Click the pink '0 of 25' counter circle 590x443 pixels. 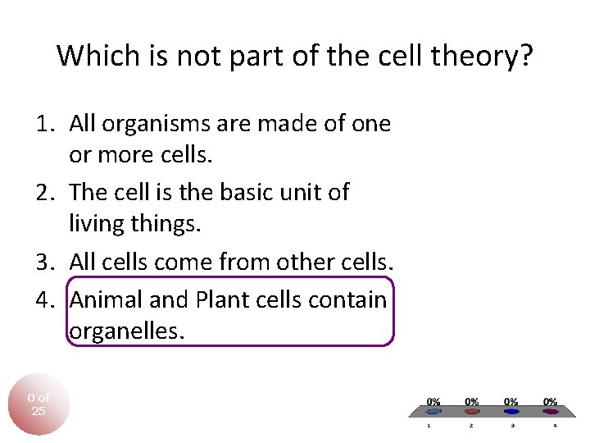(x=39, y=404)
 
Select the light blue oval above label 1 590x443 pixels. (x=434, y=412)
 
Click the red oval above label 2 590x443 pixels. (x=472, y=412)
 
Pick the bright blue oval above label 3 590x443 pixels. (x=511, y=412)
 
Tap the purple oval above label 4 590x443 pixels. (x=551, y=412)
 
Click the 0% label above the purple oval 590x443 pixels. (x=551, y=401)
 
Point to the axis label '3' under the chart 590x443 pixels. (x=512, y=426)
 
